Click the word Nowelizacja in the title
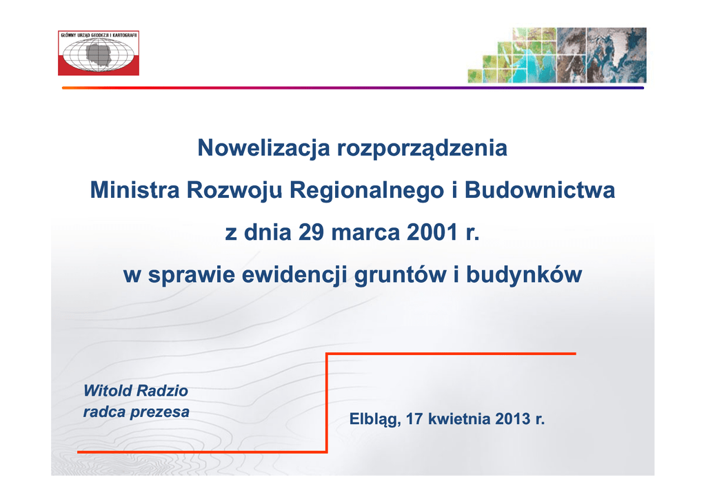pyautogui.click(x=264, y=149)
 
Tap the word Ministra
pyautogui.click(x=134, y=190)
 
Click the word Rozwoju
pyautogui.click(x=234, y=191)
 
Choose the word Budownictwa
pyautogui.click(x=539, y=190)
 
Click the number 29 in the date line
pyautogui.click(x=311, y=232)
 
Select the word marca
pyautogui.click(x=365, y=234)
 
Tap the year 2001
pyautogui.click(x=432, y=232)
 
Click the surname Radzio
pyautogui.click(x=161, y=391)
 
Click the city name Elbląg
pyautogui.click(x=375, y=419)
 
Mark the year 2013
pyautogui.click(x=513, y=419)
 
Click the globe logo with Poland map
pyautogui.click(x=99, y=53)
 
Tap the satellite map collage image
pyautogui.click(x=557, y=55)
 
